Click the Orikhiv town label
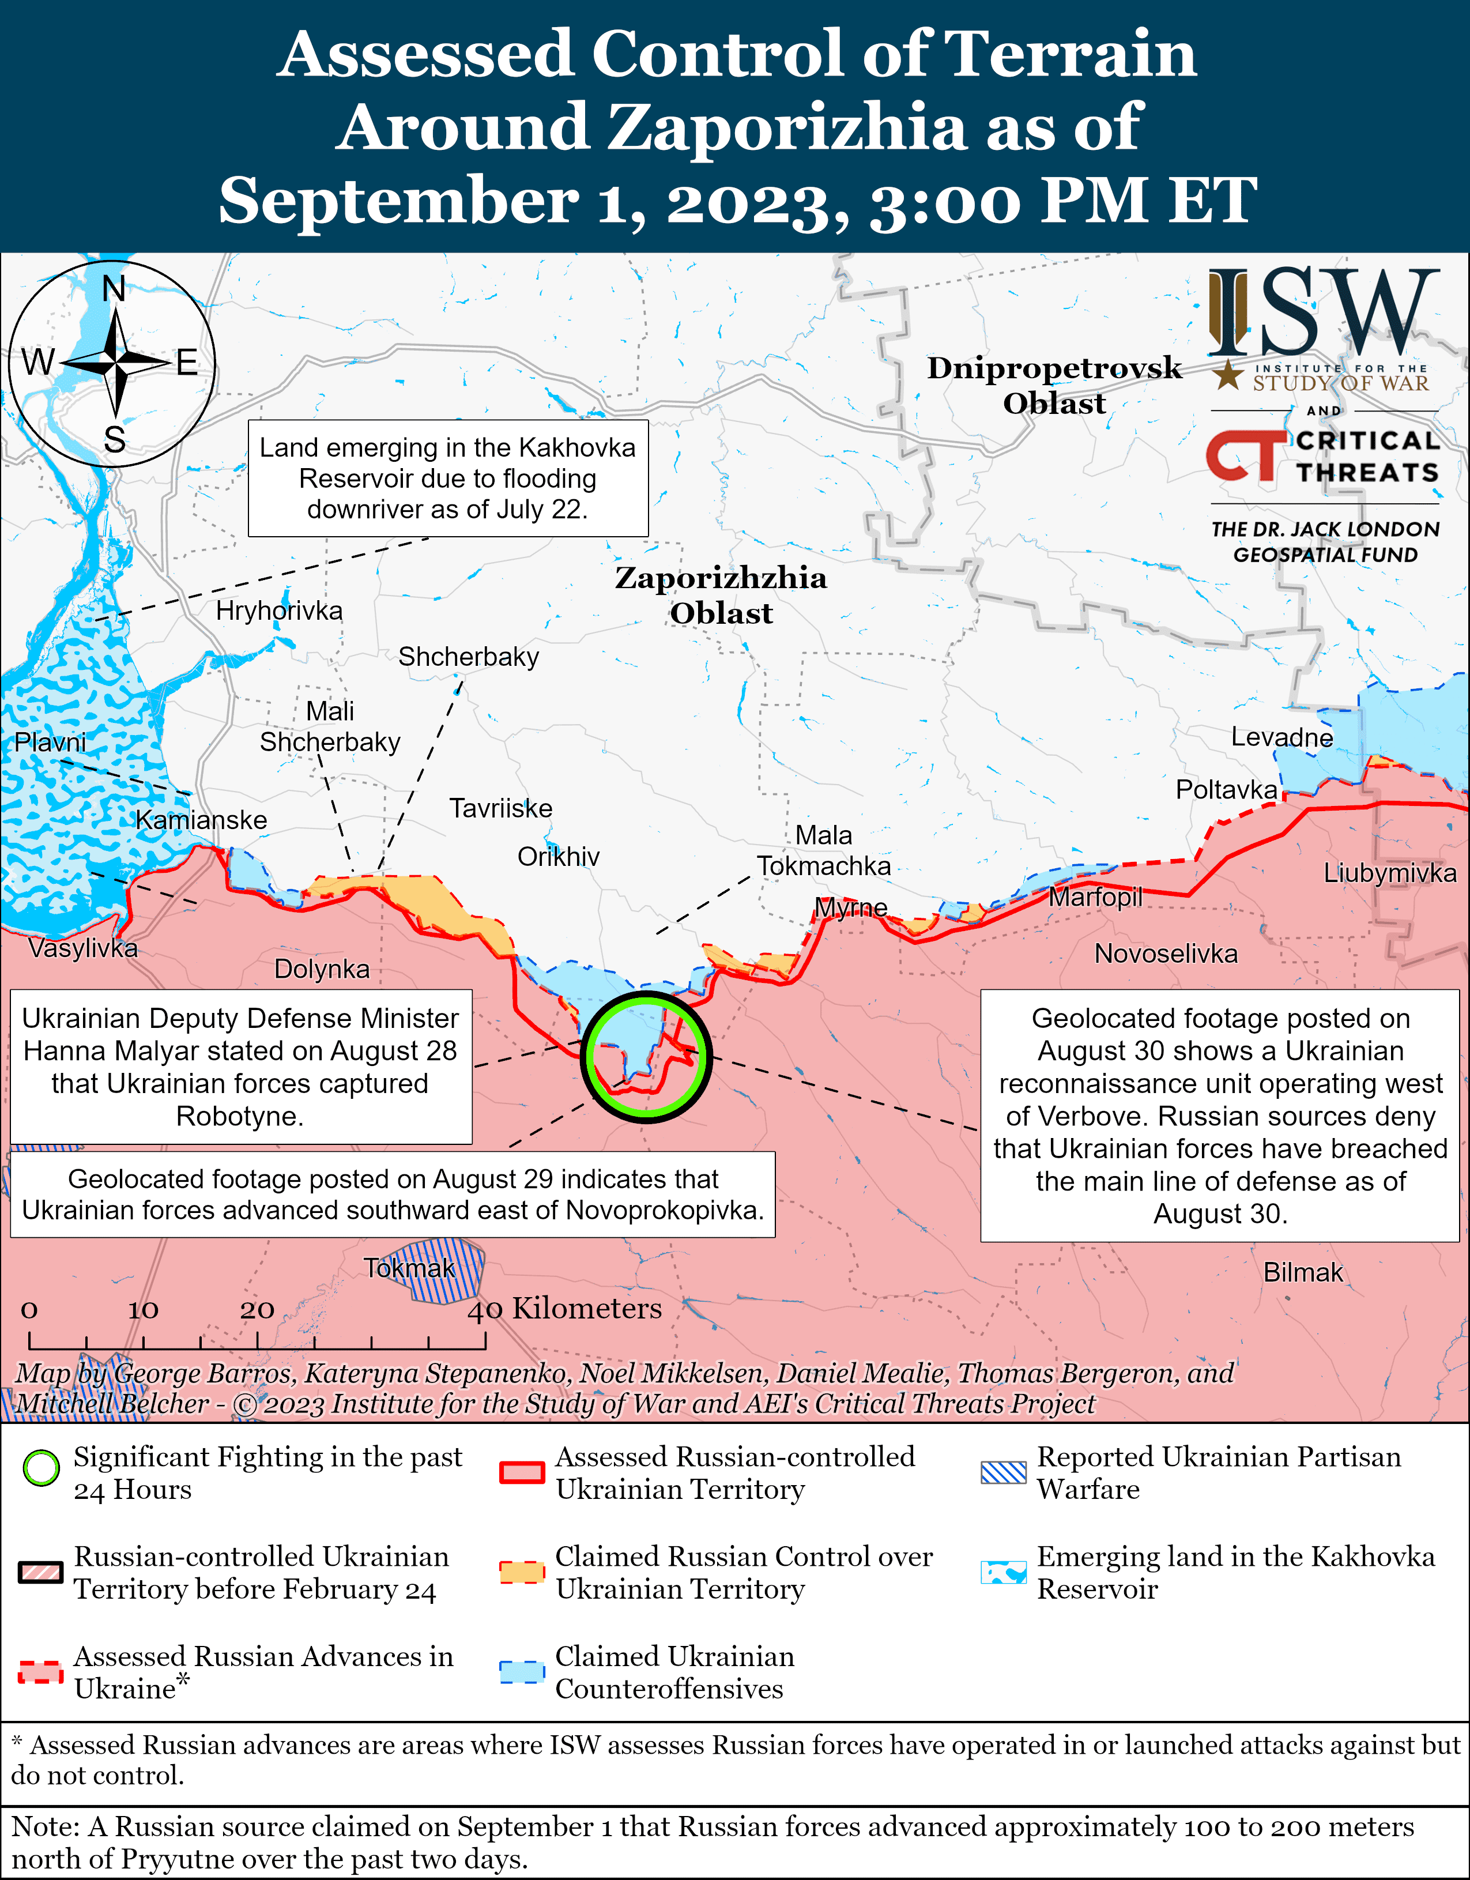click(557, 857)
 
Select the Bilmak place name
click(1302, 1272)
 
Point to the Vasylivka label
click(82, 948)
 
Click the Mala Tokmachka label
click(824, 850)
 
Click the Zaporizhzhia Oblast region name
click(721, 595)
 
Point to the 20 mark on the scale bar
click(257, 1310)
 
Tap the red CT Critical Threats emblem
click(1245, 455)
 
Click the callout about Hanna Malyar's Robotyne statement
click(240, 1067)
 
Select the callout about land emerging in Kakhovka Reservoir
click(447, 479)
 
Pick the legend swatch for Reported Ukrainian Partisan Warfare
click(1004, 1473)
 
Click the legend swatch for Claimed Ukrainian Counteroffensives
click(522, 1672)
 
